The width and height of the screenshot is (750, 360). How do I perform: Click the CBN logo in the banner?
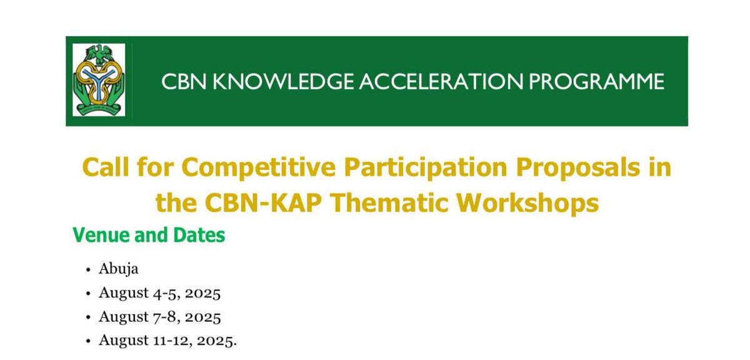99,80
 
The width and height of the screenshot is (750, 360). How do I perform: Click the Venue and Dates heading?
149,236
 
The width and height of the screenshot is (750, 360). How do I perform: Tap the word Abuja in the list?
118,269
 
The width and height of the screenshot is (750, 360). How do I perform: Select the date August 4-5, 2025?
159,293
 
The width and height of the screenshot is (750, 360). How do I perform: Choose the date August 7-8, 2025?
159,317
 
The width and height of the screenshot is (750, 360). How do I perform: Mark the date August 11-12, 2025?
167,341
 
